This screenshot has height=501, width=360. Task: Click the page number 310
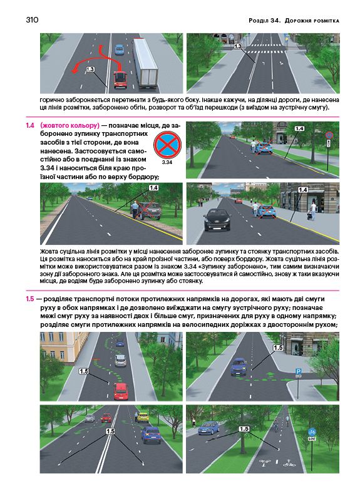32,20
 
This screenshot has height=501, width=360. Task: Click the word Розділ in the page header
258,21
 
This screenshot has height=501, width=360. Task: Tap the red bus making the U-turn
120,80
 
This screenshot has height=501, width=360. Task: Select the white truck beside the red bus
145,63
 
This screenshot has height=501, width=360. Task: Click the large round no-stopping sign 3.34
167,145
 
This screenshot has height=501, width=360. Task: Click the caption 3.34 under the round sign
167,162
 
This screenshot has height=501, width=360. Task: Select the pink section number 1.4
30,125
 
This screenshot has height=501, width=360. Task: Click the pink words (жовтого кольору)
70,125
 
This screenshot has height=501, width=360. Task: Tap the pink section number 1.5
30,299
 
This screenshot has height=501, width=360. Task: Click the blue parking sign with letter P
298,371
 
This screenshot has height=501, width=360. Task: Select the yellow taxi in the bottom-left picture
143,417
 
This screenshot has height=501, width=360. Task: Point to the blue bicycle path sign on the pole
312,432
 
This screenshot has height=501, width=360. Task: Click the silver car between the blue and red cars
120,361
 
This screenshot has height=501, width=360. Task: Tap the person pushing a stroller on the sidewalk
312,211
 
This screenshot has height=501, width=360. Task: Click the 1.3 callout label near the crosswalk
238,46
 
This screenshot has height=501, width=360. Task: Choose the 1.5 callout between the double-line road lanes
110,431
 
